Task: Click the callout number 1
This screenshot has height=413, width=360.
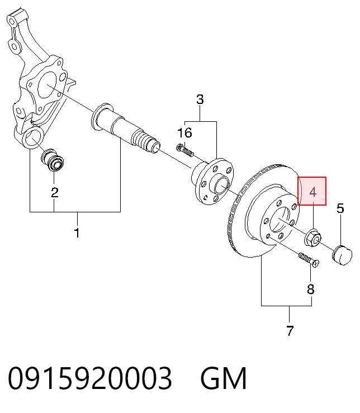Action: click(x=77, y=233)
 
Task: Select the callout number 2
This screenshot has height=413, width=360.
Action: click(x=55, y=193)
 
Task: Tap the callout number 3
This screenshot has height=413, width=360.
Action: click(x=200, y=99)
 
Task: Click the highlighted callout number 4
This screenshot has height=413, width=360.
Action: click(x=312, y=192)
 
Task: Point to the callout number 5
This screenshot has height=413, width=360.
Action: click(x=340, y=208)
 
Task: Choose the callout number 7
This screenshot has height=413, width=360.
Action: click(x=290, y=331)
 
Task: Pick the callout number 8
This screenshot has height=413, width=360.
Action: click(x=311, y=289)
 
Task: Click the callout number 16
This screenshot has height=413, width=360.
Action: click(x=184, y=133)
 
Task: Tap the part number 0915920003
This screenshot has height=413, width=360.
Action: click(x=90, y=378)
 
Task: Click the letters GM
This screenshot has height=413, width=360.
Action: click(x=224, y=378)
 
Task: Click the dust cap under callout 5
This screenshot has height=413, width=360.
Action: click(x=342, y=255)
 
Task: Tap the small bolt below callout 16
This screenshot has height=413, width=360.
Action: click(x=184, y=150)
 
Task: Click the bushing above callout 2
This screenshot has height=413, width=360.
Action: click(x=53, y=160)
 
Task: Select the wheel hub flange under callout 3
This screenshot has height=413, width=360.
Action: click(x=212, y=182)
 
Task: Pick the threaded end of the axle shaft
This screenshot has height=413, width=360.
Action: click(x=146, y=141)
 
